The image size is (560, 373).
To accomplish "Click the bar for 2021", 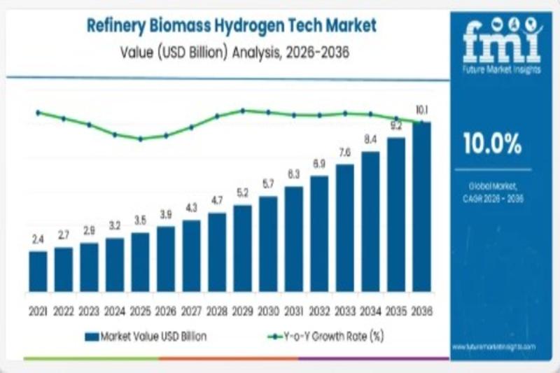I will pyautogui.click(x=38, y=272).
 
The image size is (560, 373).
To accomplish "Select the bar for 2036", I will pyautogui.click(x=421, y=207).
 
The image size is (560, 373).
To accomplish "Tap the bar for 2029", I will pyautogui.click(x=242, y=248).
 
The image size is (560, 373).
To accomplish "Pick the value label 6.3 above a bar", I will pyautogui.click(x=293, y=174).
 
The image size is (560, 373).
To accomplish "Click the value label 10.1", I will pyautogui.click(x=421, y=110).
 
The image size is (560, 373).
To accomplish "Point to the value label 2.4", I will pyautogui.click(x=38, y=239).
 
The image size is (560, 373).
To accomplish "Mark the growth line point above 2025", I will pyautogui.click(x=140, y=139).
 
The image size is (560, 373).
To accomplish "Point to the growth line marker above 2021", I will pyautogui.click(x=38, y=112).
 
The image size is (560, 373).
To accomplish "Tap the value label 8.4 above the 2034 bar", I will pyautogui.click(x=370, y=140).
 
